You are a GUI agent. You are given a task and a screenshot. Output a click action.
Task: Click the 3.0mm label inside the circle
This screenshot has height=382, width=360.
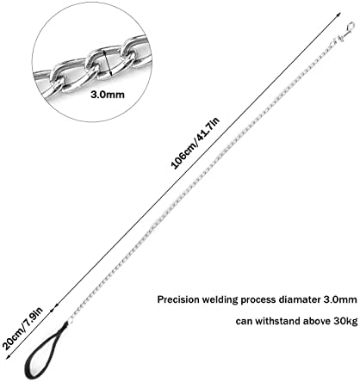[108, 94]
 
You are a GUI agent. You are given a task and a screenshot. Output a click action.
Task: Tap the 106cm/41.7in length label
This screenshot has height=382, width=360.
[196, 143]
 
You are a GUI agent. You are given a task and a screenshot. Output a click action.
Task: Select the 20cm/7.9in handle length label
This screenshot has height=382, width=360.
[23, 328]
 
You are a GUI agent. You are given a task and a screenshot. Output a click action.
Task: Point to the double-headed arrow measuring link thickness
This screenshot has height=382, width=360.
[108, 63]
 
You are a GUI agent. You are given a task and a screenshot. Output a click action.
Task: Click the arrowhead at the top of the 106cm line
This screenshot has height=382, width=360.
[338, 15]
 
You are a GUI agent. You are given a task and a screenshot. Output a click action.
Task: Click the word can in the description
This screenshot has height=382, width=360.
[244, 322]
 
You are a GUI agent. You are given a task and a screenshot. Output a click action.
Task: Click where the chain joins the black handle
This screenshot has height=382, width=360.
[69, 322]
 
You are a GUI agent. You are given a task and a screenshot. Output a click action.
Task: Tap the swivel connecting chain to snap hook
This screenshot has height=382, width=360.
[338, 39]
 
